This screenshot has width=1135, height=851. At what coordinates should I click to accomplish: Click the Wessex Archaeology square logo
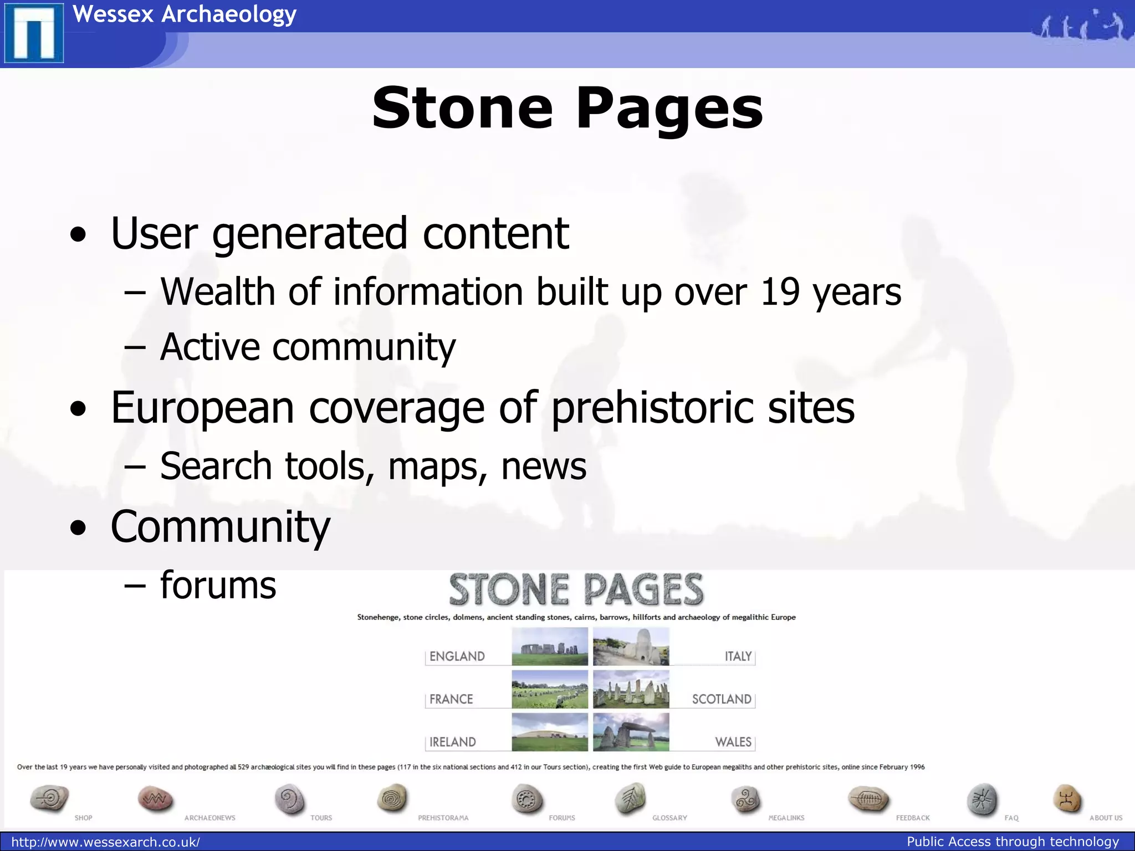tap(34, 33)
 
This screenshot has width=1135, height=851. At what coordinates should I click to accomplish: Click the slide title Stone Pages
tap(567, 109)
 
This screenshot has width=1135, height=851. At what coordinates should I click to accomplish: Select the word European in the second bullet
tap(202, 408)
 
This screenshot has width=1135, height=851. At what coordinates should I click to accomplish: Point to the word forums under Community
tap(218, 586)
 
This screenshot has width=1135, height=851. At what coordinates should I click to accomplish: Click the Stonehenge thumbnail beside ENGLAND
tap(549, 647)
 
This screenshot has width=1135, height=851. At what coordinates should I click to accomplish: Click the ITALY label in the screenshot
tap(738, 657)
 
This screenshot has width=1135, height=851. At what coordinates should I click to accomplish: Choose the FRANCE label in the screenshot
tap(451, 699)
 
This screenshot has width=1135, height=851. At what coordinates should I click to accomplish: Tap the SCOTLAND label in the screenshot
tap(721, 699)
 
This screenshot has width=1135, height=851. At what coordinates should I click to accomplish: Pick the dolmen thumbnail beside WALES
tap(631, 732)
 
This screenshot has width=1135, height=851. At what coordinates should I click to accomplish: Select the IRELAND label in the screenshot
tap(452, 742)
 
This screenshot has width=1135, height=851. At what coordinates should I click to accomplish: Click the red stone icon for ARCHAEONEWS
tap(155, 799)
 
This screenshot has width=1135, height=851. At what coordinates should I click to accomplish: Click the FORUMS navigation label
tap(561, 818)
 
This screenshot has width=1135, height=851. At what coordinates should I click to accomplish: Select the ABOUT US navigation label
tap(1106, 818)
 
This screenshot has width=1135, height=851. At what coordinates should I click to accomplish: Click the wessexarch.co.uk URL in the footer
tap(105, 842)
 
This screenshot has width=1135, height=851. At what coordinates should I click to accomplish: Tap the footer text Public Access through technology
tap(1013, 842)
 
